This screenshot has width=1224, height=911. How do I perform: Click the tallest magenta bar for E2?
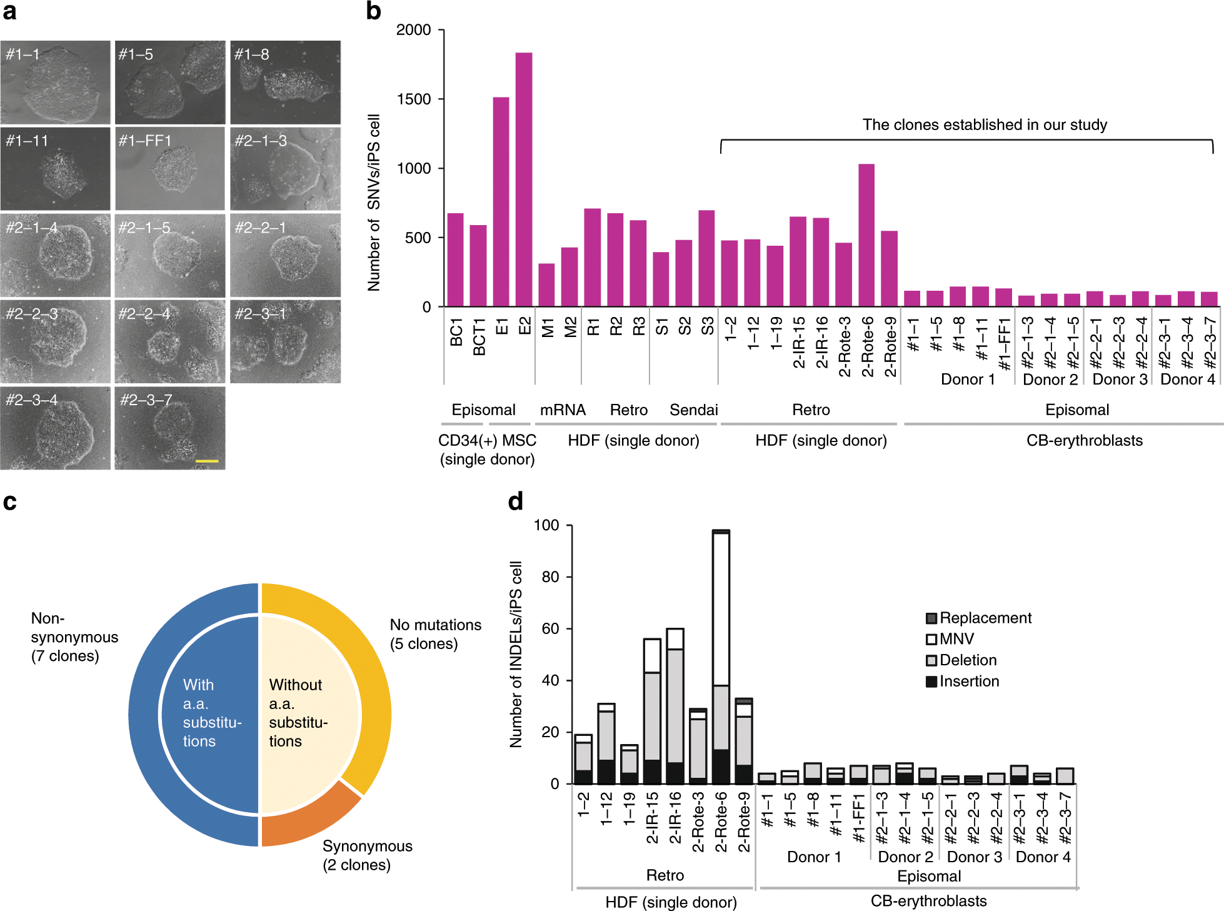click(x=524, y=179)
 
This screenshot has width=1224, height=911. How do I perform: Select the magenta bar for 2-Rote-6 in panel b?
click(x=866, y=235)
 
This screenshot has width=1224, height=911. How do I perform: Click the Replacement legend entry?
click(x=978, y=618)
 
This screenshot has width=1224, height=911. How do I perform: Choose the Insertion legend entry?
click(x=963, y=681)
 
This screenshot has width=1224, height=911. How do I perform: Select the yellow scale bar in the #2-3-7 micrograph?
click(x=207, y=461)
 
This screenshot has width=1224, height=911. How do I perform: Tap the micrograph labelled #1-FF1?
click(x=170, y=169)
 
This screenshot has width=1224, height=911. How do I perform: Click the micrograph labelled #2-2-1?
click(x=286, y=255)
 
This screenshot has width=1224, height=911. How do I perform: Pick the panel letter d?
click(x=516, y=501)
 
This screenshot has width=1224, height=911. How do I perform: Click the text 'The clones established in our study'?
click(x=985, y=125)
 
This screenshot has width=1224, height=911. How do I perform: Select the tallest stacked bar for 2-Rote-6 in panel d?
click(x=721, y=657)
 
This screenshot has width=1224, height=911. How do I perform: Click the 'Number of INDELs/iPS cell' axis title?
click(x=516, y=655)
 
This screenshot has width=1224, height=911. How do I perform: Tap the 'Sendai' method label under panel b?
click(x=694, y=410)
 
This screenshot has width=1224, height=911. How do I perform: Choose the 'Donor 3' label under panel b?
click(x=1120, y=380)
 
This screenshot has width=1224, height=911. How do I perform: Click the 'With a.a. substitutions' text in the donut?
click(x=212, y=713)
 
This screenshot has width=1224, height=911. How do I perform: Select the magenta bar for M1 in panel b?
click(x=546, y=285)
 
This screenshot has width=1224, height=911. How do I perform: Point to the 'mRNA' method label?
click(x=563, y=410)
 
